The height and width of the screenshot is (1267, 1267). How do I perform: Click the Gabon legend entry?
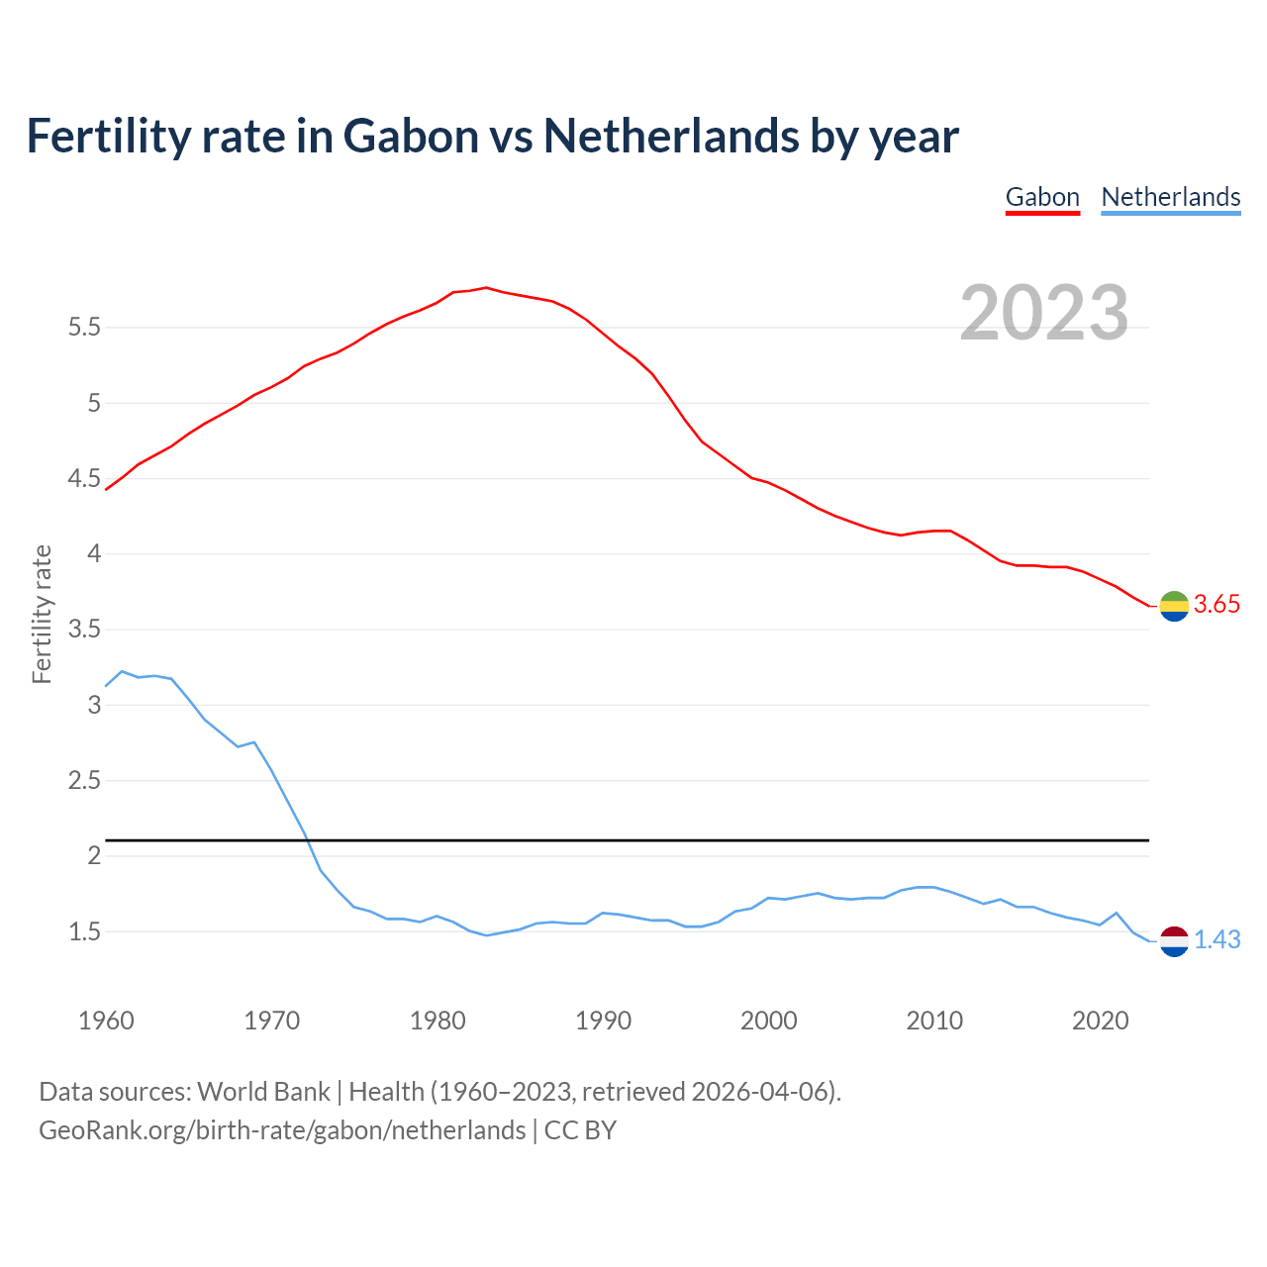pos(1042,197)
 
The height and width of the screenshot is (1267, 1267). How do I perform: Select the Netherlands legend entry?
pos(1170,197)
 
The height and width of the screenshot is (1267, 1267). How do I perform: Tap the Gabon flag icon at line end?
pos(1174,606)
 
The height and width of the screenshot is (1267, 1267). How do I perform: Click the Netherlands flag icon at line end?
pos(1174,941)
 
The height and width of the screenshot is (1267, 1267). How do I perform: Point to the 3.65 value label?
pos(1217,605)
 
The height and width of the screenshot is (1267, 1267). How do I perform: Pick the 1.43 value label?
pos(1217,939)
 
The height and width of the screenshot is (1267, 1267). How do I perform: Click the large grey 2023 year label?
pos(1044,313)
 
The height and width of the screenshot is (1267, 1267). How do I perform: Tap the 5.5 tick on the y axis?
pos(85,328)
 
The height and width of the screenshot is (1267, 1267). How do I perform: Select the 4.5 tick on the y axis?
pos(85,479)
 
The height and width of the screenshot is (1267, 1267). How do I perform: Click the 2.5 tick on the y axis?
pos(85,781)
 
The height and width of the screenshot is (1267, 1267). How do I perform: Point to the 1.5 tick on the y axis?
pos(85,932)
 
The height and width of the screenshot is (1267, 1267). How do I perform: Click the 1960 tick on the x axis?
pos(106,1021)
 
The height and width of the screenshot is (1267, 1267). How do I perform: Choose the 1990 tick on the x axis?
pos(603,1021)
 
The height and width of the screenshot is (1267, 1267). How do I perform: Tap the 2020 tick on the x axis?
pos(1100,1021)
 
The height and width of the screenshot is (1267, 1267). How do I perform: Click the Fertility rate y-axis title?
pos(42,614)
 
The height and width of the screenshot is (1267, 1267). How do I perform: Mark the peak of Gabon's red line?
pos(486,287)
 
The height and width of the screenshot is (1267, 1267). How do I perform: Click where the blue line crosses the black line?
pos(307,840)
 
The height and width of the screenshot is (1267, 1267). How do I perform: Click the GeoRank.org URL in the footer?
pos(282,1130)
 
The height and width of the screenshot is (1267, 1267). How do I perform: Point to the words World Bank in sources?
pos(263,1092)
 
